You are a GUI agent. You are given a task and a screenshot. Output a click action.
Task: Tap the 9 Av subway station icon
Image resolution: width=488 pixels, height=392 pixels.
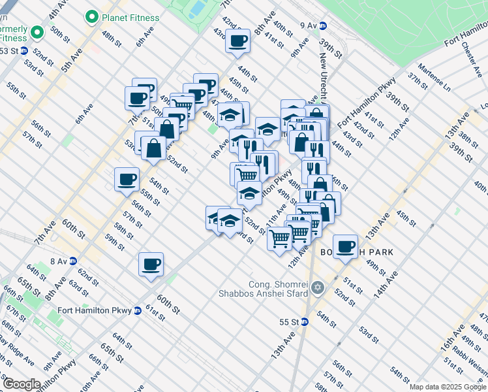pos(322,25)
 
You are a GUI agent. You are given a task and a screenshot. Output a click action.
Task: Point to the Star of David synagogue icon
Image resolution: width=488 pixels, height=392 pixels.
pos(318,287)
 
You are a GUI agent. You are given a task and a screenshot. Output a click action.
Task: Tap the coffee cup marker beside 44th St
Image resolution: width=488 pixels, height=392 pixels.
pos(237,41)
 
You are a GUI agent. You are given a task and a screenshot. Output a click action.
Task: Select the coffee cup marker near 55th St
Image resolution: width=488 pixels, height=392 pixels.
pos(127,179)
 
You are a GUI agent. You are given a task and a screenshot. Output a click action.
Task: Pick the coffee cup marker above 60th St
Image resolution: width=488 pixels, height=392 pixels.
pos(151,265)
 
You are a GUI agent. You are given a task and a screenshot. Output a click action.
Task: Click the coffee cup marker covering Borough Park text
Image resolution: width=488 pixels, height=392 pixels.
pos(345,246)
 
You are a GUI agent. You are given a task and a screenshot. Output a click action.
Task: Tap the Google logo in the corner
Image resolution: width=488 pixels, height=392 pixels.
pos(22,384)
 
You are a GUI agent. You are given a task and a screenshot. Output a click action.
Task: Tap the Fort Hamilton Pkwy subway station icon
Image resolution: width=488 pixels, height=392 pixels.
pos(138,311)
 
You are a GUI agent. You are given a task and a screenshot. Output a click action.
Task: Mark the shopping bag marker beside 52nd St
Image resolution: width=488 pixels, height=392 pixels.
pos(153,148)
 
